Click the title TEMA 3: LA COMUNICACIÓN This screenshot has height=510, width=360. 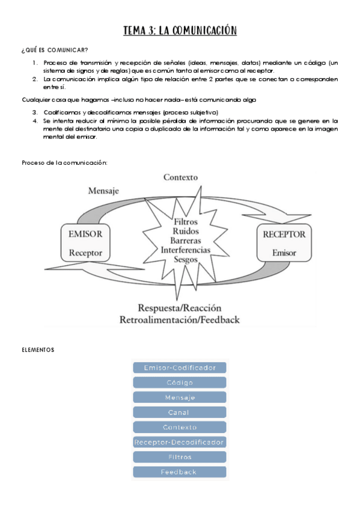pos(180,31)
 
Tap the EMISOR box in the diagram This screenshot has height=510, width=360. pos(85,243)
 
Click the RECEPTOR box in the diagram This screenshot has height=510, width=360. pos(284,243)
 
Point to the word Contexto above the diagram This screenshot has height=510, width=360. pos(180,177)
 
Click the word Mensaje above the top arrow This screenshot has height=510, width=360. pos(103,191)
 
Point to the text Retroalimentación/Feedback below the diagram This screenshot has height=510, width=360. pos(180,319)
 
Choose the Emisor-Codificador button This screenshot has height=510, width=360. pos(180,367)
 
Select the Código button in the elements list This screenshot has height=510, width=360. pos(180,382)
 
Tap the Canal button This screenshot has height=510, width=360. pos(180,413)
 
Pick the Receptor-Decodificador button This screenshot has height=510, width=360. pos(180,442)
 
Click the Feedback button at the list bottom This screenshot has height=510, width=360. pos(180,472)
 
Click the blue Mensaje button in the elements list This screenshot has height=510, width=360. pos(180,398)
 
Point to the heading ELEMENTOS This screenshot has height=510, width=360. pos(38,349)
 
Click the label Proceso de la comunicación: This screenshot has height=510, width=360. pos(64,163)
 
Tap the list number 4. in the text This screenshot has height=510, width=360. pos(35,120)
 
